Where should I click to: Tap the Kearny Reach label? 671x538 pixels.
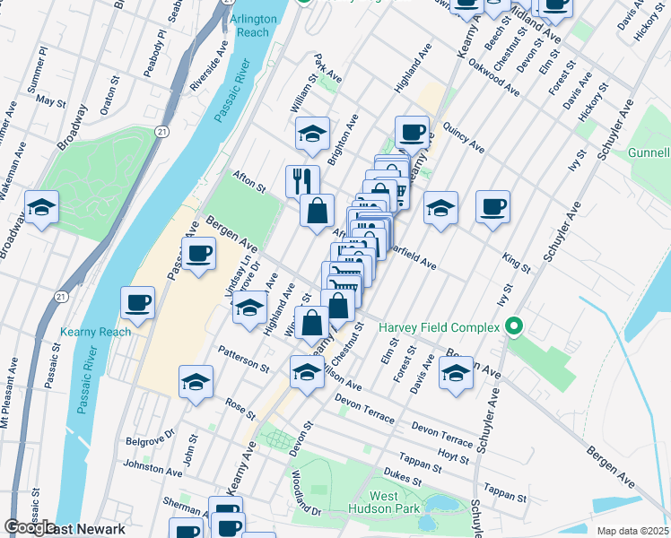(96, 332)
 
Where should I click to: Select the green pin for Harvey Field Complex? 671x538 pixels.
(514, 327)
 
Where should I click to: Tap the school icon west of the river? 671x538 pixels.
(41, 208)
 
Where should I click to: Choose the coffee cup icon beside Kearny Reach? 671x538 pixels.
(137, 303)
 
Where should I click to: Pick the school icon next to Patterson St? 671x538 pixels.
(196, 383)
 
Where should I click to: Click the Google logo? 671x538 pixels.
(30, 528)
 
